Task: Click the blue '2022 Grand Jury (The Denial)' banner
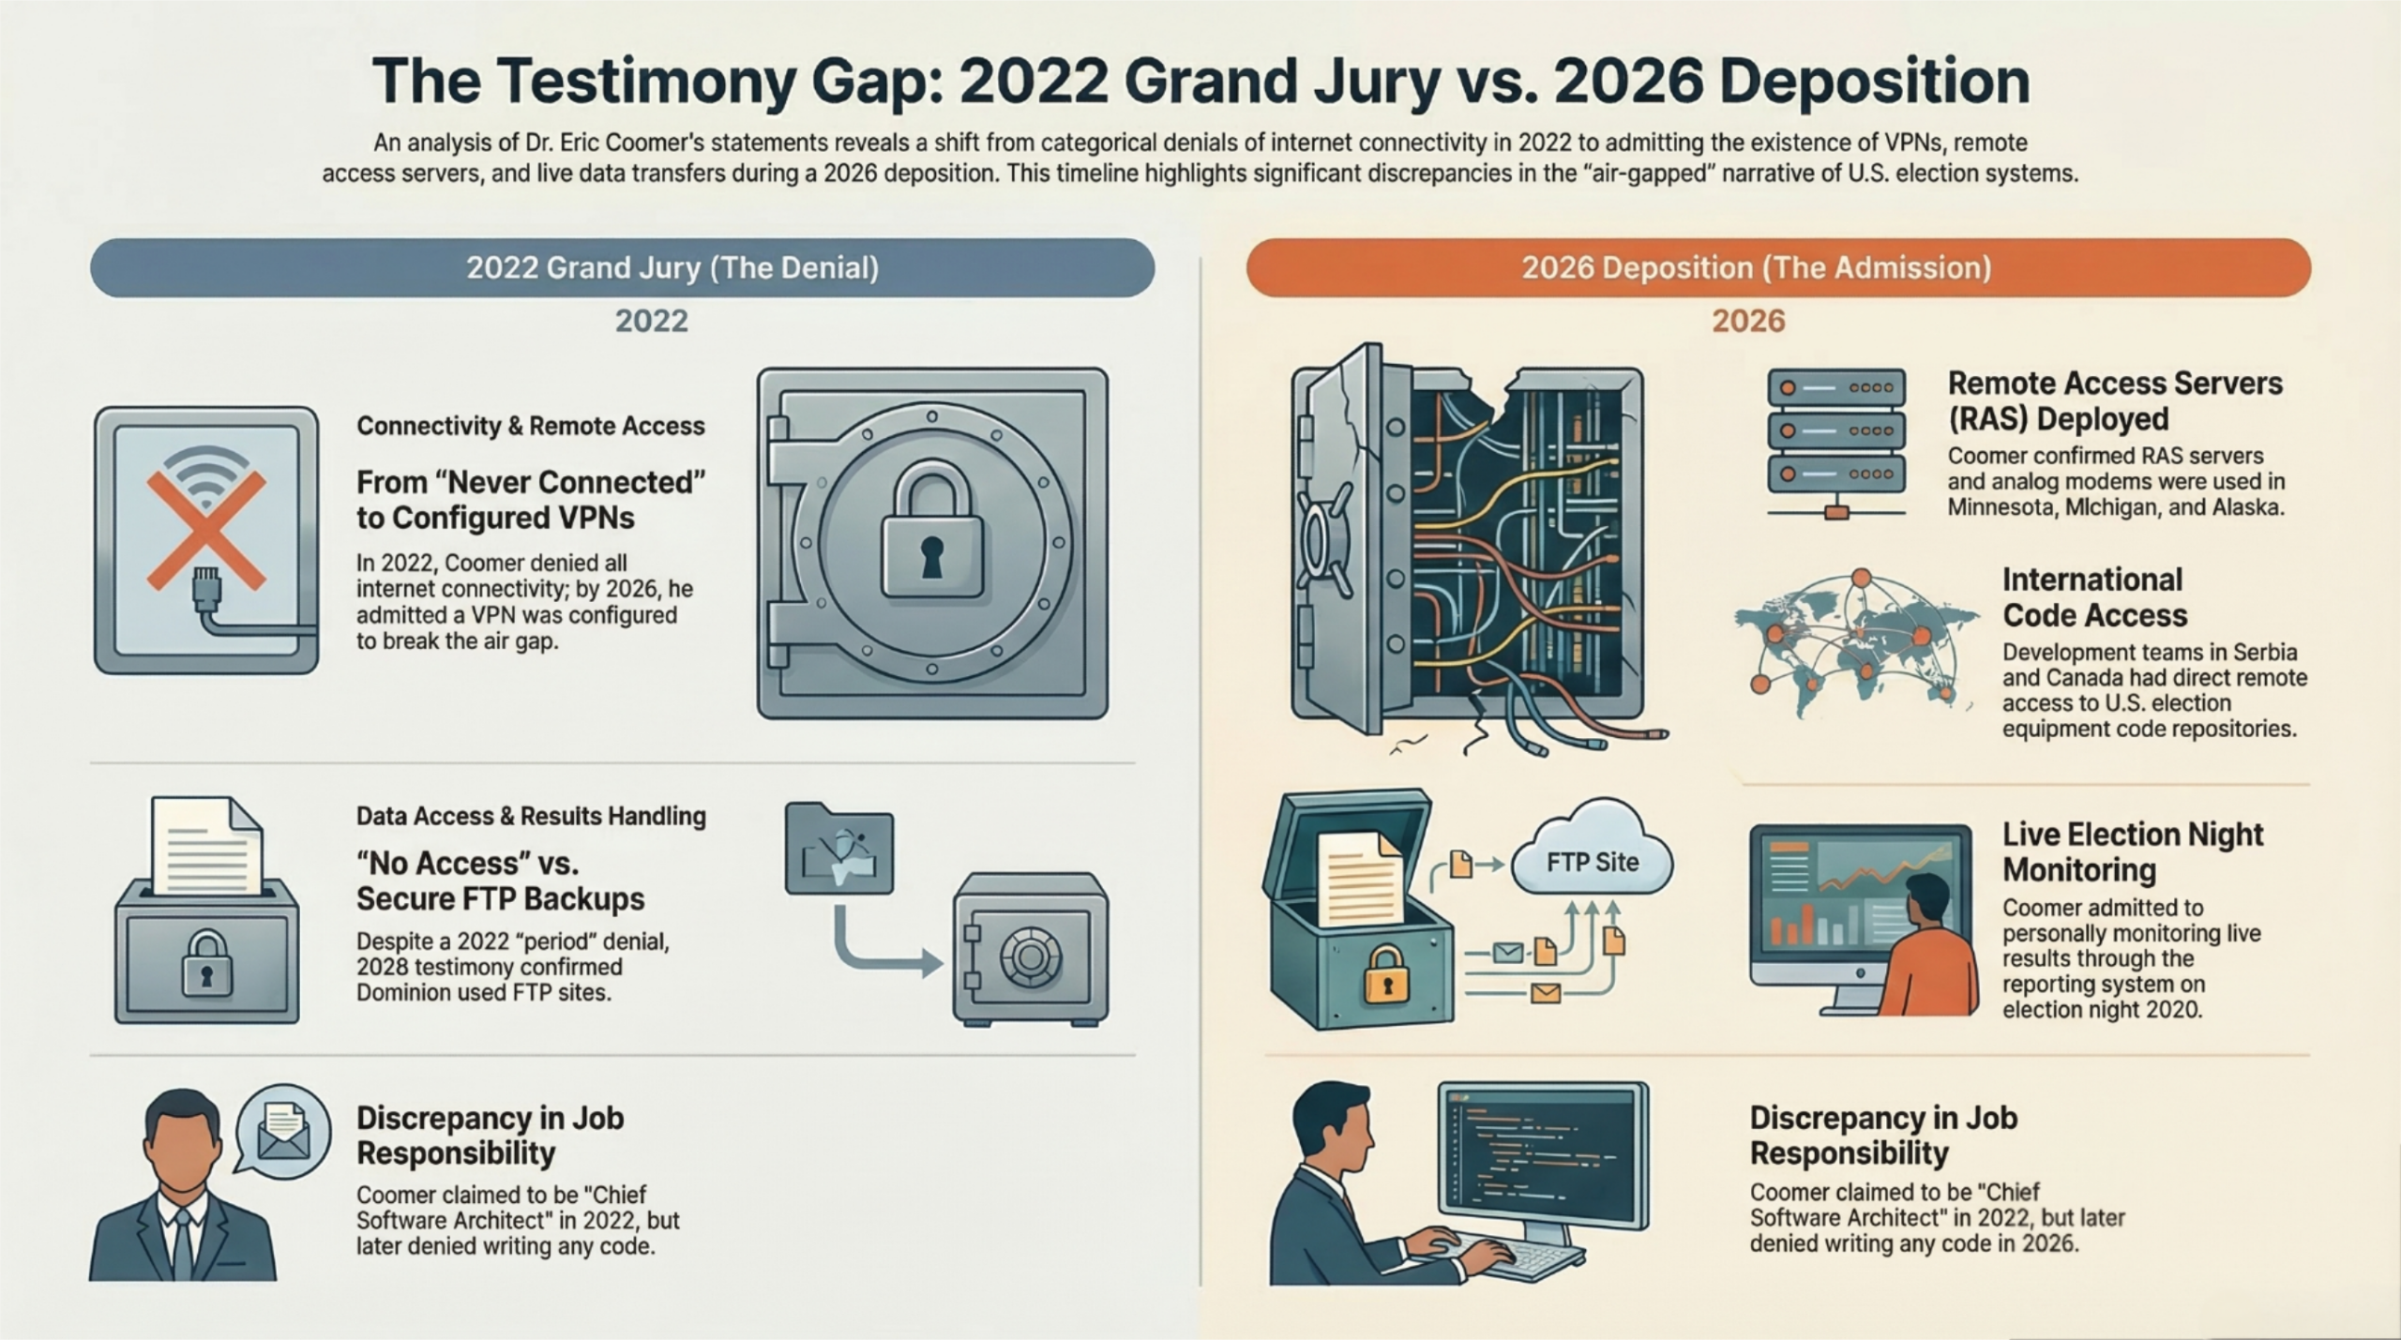tap(622, 268)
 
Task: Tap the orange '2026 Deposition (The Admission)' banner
tap(1778, 268)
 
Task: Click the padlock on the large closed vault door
tap(931, 532)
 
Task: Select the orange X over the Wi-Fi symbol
tap(205, 530)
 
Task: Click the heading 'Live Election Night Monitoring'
tap(2133, 851)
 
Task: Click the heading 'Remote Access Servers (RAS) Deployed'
tap(2115, 400)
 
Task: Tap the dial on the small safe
tap(1030, 956)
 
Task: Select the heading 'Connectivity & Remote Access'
tap(530, 426)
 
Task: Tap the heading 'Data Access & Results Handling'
tap(531, 816)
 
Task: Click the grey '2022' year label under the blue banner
tap(651, 322)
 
